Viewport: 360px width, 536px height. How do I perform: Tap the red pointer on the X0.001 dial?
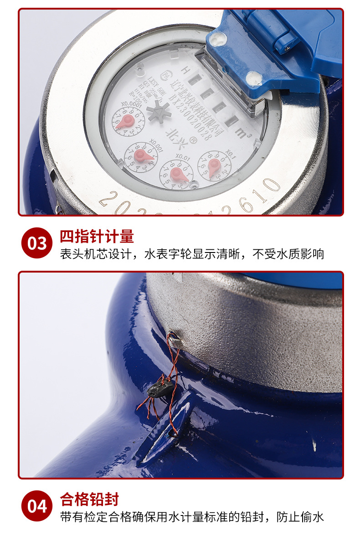pyautogui.click(x=143, y=156)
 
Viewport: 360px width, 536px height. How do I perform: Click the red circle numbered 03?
pyautogui.click(x=37, y=243)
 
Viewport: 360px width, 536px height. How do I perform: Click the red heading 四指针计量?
pyautogui.click(x=97, y=237)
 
